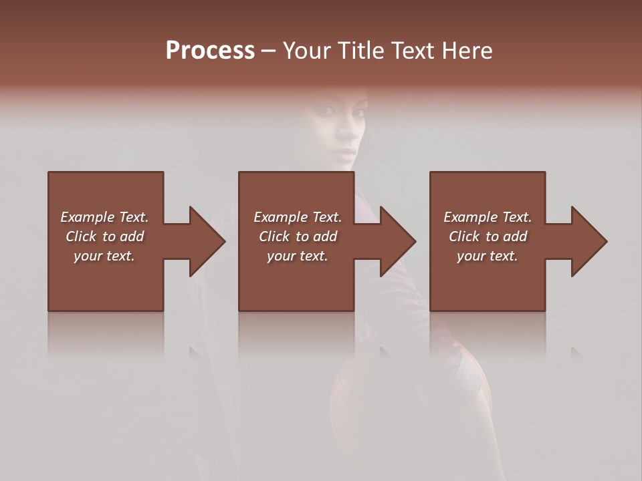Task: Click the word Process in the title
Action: (x=210, y=51)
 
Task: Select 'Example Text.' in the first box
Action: (x=104, y=217)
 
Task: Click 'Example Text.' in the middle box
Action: (x=297, y=217)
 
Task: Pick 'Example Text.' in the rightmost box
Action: (x=488, y=217)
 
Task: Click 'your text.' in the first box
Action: (x=104, y=256)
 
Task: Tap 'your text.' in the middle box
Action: (x=297, y=256)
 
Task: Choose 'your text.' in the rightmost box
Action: (x=488, y=256)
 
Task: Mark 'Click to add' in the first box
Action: (x=104, y=236)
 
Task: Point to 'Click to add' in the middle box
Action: (x=297, y=236)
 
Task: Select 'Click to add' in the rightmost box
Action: (x=488, y=236)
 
